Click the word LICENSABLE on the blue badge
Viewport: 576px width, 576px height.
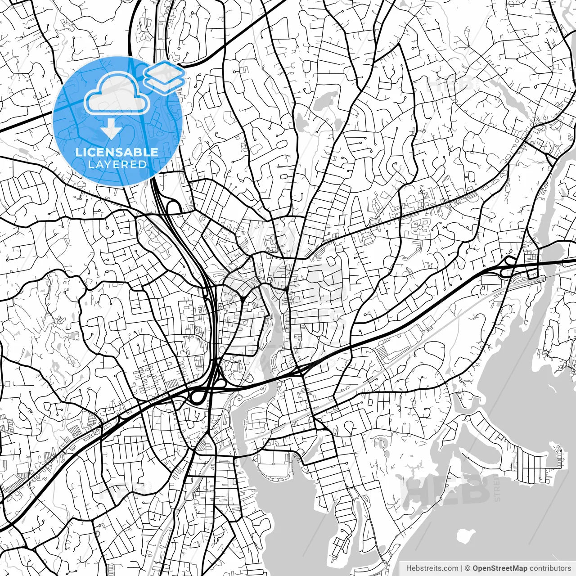coord(117,152)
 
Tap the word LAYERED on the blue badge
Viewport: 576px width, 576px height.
coord(117,164)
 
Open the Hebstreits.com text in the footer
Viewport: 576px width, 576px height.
coord(432,568)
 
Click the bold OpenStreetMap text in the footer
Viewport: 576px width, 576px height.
coord(499,568)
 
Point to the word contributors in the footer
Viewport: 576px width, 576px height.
coord(549,568)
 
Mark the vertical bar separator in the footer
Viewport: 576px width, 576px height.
coord(462,568)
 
